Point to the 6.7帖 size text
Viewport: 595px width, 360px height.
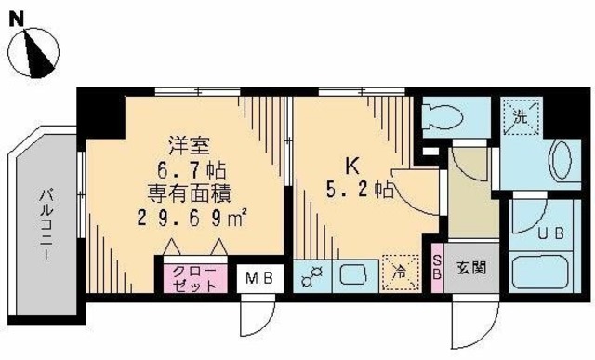192,170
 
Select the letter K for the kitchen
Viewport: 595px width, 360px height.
352,167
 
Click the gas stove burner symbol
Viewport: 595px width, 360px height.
311,276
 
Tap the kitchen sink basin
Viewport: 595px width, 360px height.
354,276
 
